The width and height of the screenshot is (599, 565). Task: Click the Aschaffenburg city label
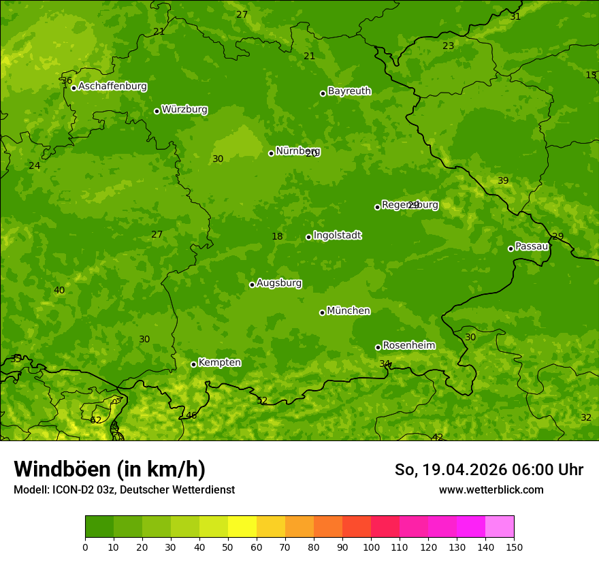[x=112, y=86]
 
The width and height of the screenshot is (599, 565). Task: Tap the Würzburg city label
[x=184, y=110]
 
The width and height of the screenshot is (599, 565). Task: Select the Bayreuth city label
[x=349, y=91]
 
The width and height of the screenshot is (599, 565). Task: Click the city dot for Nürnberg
[x=271, y=153]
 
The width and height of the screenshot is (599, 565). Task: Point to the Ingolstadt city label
[x=337, y=236]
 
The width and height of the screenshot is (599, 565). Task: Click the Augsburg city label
[x=279, y=283]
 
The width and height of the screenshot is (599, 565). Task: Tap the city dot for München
[x=322, y=312]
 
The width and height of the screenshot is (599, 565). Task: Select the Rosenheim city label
[x=408, y=346]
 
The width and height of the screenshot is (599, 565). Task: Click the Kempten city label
[x=219, y=363]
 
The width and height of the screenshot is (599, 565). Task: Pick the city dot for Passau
[x=511, y=248]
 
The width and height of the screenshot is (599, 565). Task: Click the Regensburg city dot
[x=377, y=207]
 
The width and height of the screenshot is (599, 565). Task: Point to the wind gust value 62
[x=95, y=420]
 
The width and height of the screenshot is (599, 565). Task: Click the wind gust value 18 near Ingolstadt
[x=277, y=237]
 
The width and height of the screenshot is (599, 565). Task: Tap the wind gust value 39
[x=503, y=181]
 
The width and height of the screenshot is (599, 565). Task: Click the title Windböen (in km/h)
[x=110, y=469]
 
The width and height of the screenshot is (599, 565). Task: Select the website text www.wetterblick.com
[x=491, y=490]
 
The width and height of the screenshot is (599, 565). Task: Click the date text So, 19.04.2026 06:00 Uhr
[x=489, y=470]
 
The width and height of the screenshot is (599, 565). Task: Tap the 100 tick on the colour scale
[x=371, y=547]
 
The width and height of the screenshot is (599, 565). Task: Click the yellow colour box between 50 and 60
[x=242, y=527]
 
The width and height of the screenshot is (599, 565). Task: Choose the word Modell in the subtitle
[x=30, y=490]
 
